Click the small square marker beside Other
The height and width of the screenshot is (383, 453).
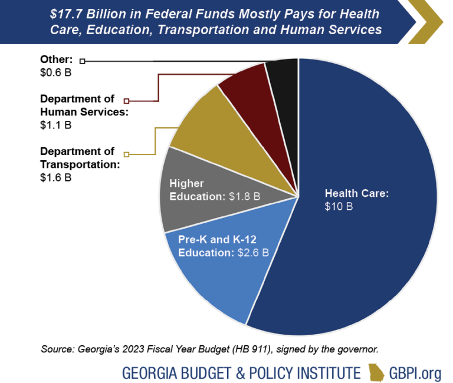(82, 61)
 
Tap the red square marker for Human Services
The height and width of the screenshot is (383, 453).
(126, 100)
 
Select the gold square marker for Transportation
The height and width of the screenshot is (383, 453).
(126, 154)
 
